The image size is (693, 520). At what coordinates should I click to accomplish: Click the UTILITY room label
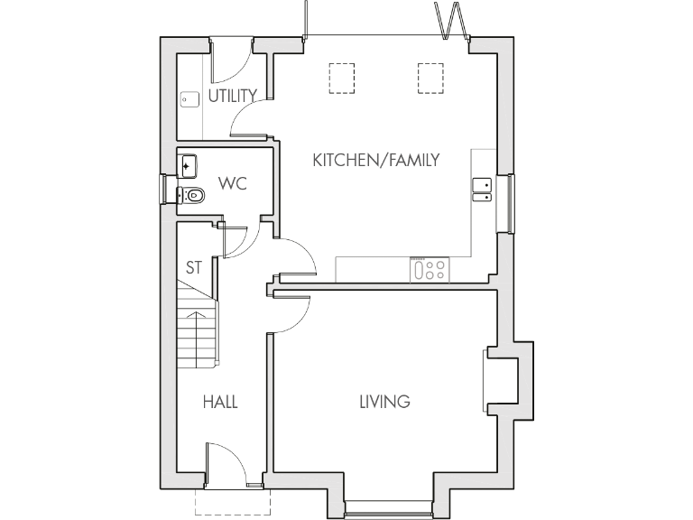click(233, 95)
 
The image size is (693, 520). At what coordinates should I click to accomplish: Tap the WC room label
click(233, 183)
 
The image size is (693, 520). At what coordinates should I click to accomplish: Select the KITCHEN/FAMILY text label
click(375, 161)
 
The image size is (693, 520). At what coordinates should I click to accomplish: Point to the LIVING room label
click(384, 401)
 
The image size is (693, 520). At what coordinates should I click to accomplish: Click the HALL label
click(220, 402)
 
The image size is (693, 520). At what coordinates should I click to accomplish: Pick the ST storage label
click(194, 268)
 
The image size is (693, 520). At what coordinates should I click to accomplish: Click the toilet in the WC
click(191, 194)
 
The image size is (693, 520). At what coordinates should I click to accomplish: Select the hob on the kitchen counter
click(430, 269)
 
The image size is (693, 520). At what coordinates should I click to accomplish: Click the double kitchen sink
click(483, 189)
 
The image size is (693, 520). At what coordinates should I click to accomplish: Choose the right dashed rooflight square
click(431, 78)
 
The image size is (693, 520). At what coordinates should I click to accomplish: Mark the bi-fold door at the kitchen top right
click(449, 20)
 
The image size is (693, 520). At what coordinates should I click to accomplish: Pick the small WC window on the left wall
click(165, 190)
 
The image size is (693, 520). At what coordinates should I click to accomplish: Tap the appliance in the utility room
click(189, 100)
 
